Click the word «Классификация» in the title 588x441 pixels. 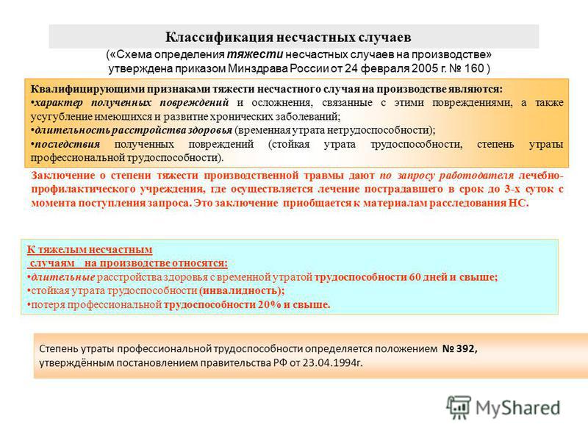219,37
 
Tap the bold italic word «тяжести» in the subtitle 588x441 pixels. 255,54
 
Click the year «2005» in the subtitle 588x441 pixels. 425,68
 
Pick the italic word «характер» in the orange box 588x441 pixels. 59,103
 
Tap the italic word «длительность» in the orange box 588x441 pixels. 72,130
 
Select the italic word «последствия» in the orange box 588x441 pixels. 67,144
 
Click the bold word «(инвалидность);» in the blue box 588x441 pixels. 242,290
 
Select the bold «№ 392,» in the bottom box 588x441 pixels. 460,348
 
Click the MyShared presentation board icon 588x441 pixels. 459,407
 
